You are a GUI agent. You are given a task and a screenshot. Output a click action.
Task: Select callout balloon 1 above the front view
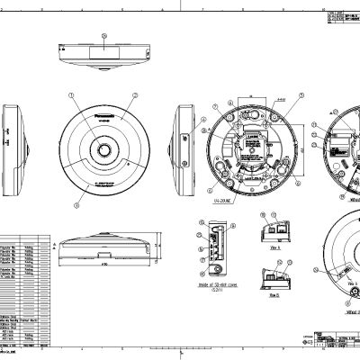point(71,94)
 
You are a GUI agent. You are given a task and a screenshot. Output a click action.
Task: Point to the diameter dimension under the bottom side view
point(103,266)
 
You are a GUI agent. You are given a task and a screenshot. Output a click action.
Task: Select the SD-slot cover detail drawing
point(214,248)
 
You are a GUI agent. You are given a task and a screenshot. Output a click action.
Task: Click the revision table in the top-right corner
point(342,18)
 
